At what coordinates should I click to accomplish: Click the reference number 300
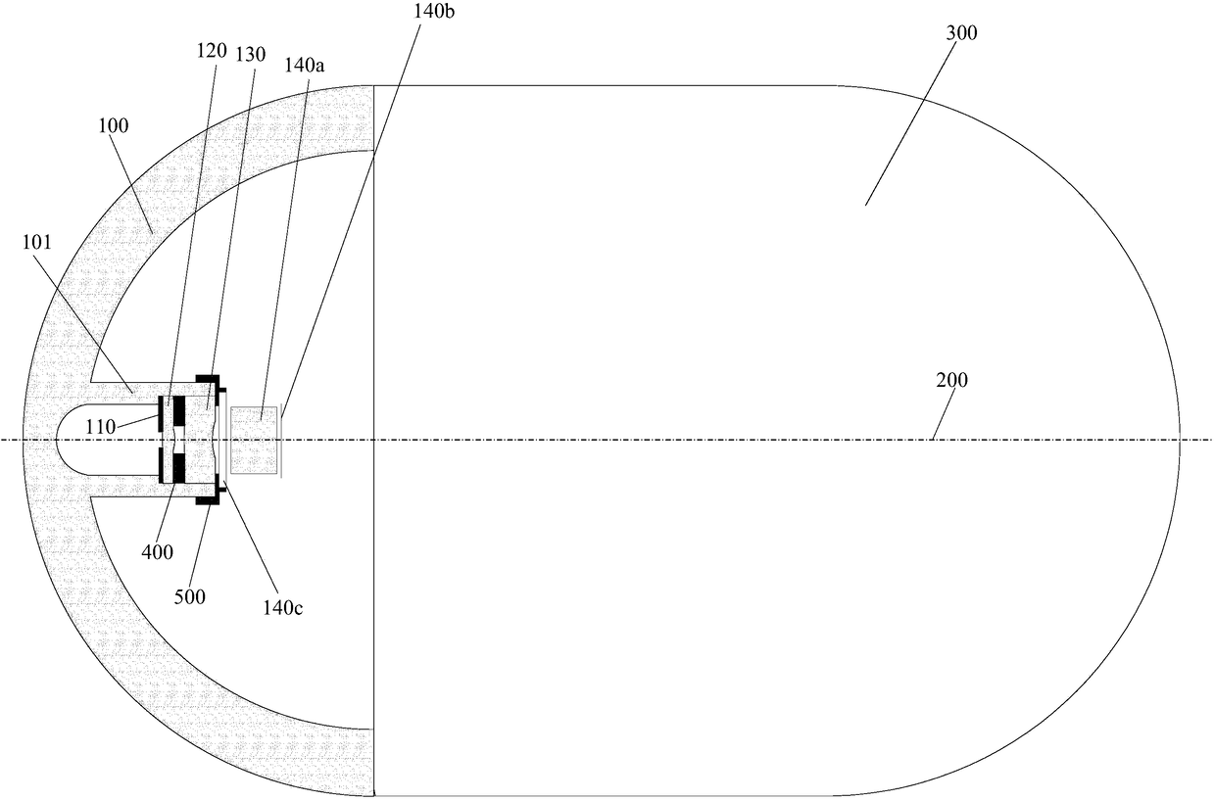point(961,33)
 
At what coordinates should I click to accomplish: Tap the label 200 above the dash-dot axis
point(950,380)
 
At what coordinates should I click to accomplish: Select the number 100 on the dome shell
point(113,126)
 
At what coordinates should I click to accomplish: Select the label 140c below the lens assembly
point(282,607)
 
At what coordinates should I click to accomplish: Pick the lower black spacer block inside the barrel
point(178,467)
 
